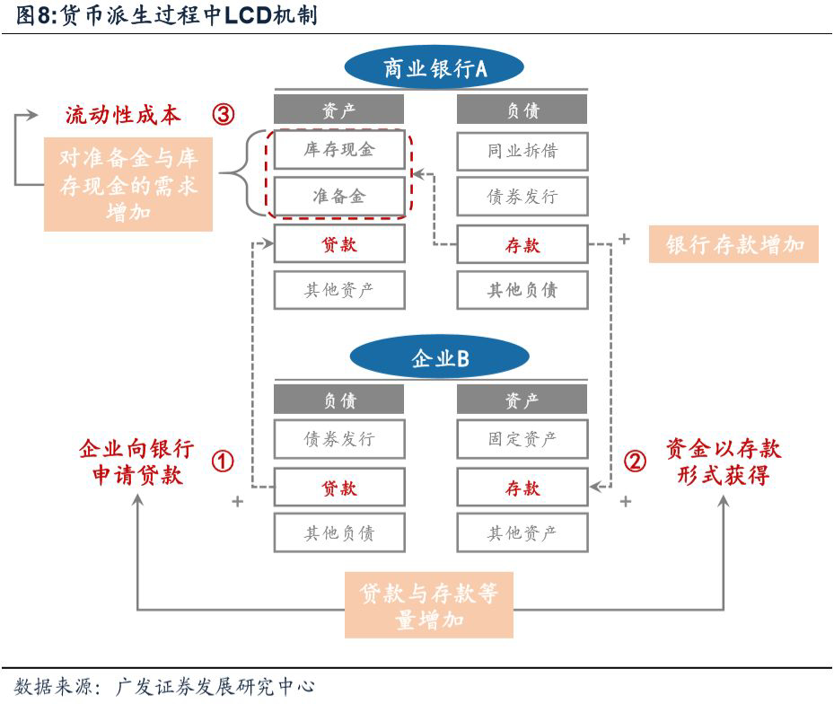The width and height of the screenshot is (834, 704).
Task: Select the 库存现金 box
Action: pos(338,150)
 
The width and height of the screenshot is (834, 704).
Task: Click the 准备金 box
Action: pos(338,196)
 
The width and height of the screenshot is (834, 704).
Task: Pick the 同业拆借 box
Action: pos(522,150)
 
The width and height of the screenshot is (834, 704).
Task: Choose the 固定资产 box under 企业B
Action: pos(522,440)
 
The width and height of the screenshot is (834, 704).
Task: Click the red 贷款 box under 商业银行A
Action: pos(338,244)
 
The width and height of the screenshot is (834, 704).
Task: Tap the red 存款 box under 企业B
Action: pos(522,488)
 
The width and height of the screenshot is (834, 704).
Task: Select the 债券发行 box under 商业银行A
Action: pos(522,196)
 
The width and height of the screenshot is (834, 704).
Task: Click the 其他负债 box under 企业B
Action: pos(338,533)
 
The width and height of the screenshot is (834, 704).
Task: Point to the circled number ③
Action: pos(224,115)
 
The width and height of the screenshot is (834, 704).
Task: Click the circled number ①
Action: pos(223,462)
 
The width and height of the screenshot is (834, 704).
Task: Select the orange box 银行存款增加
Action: pos(733,244)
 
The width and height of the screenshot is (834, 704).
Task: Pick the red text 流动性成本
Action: pos(122,115)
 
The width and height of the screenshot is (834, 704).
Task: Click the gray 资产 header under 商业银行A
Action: pos(338,110)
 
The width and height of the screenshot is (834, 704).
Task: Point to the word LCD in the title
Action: pos(247,16)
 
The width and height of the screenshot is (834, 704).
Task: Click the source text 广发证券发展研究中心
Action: pos(216,687)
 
